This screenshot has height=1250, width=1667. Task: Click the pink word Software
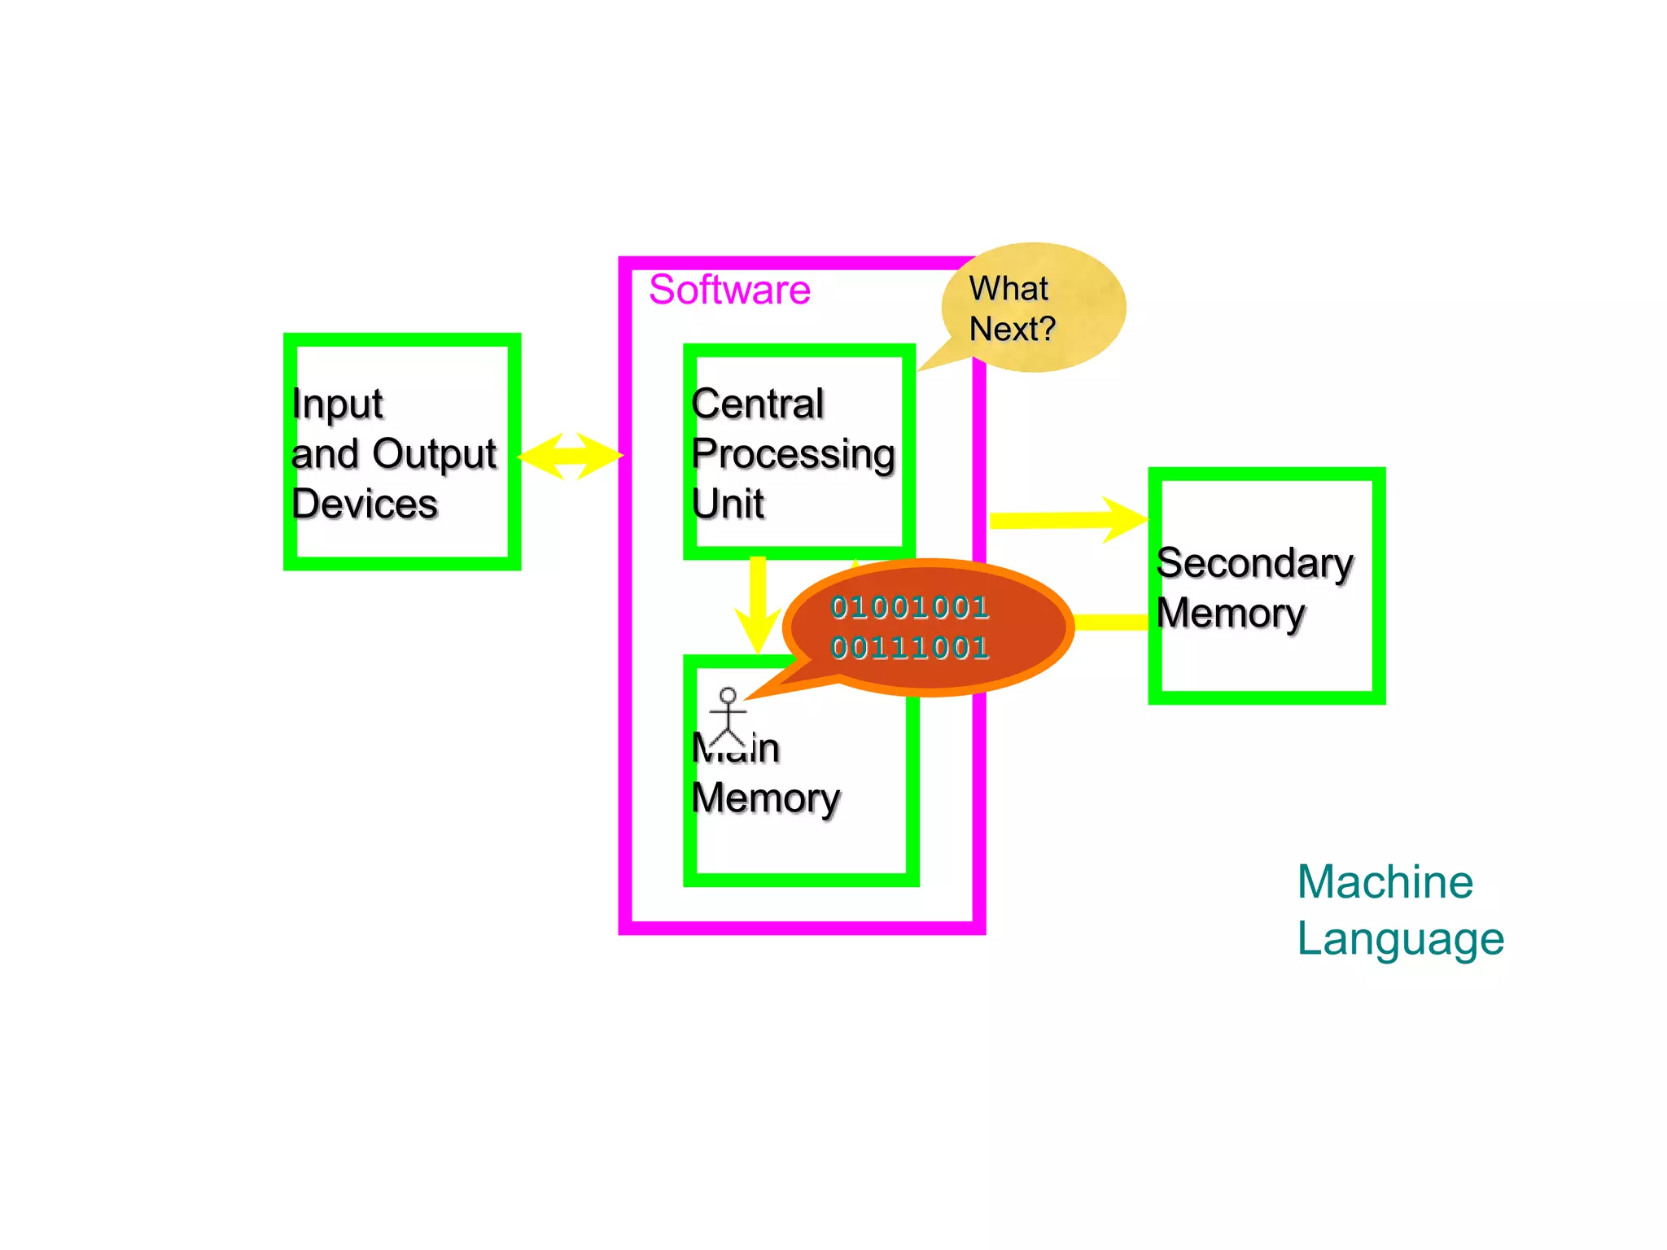(x=729, y=290)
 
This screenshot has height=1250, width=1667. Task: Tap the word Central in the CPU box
(x=757, y=404)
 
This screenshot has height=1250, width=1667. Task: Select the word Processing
(x=793, y=454)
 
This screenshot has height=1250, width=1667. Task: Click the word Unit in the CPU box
(x=728, y=504)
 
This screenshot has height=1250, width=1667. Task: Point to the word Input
(x=337, y=404)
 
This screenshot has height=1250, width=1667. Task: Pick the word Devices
(x=365, y=504)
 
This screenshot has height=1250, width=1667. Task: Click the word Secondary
(x=1254, y=563)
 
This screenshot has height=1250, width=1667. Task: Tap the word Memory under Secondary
(x=1230, y=614)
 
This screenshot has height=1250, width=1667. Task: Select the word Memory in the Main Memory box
(x=765, y=798)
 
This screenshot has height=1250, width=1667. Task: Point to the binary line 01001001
(x=909, y=607)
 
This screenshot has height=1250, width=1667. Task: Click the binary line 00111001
(x=909, y=648)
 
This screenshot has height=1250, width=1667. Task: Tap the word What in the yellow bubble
(x=1009, y=289)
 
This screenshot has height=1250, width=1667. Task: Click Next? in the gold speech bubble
(x=1012, y=330)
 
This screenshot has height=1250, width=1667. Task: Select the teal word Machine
(x=1385, y=882)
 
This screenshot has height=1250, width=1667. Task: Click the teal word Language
(x=1400, y=939)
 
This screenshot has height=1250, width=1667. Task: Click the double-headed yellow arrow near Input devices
(x=570, y=456)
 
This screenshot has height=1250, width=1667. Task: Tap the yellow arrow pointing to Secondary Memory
(x=1066, y=519)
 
